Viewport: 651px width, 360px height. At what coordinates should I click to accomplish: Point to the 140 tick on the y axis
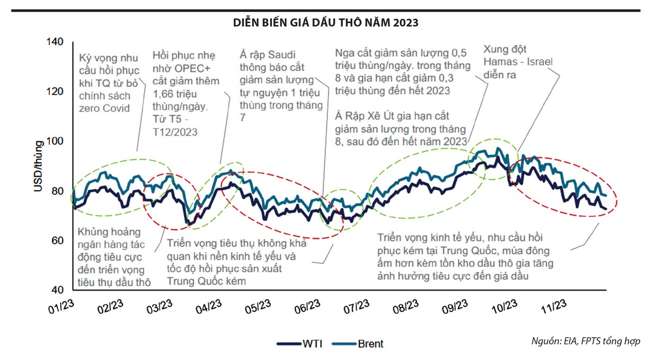(x=56, y=42)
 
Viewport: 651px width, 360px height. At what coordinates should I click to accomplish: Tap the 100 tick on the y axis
(x=56, y=142)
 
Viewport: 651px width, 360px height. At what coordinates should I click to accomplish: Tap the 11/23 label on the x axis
(x=554, y=307)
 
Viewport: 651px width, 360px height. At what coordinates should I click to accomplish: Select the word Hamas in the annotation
(x=497, y=62)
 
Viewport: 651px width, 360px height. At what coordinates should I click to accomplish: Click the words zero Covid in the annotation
(x=104, y=108)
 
